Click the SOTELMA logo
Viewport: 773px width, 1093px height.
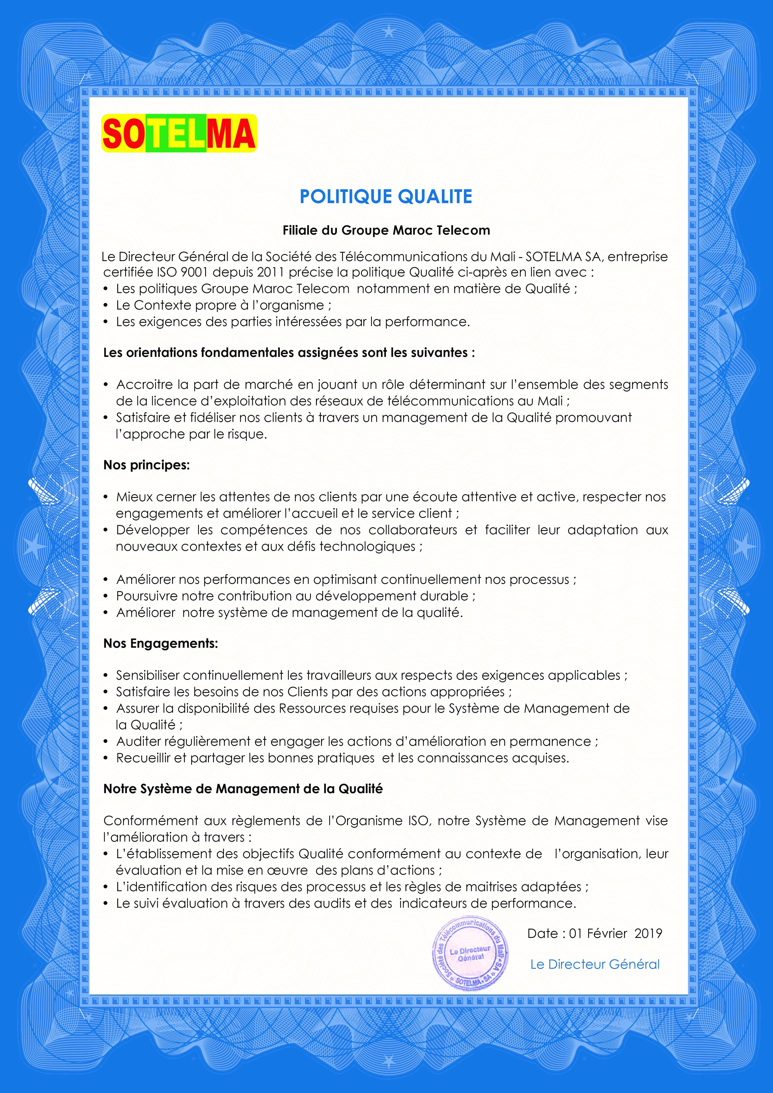179,134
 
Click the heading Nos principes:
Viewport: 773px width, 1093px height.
147,465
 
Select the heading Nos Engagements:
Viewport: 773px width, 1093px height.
161,644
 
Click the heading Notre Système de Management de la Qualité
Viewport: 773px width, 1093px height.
243,789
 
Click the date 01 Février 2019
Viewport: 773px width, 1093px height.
615,933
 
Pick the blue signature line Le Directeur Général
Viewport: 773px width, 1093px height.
595,964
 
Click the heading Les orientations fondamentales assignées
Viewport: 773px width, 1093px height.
289,353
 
